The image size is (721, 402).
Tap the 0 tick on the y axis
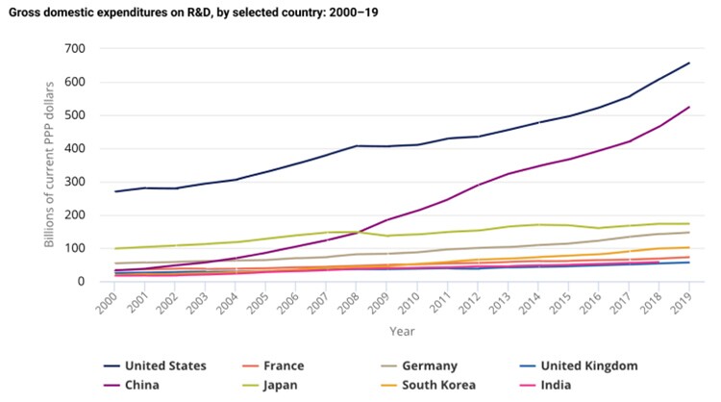coord(82,282)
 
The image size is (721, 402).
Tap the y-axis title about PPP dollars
coord(49,165)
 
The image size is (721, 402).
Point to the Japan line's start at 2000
coord(115,248)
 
